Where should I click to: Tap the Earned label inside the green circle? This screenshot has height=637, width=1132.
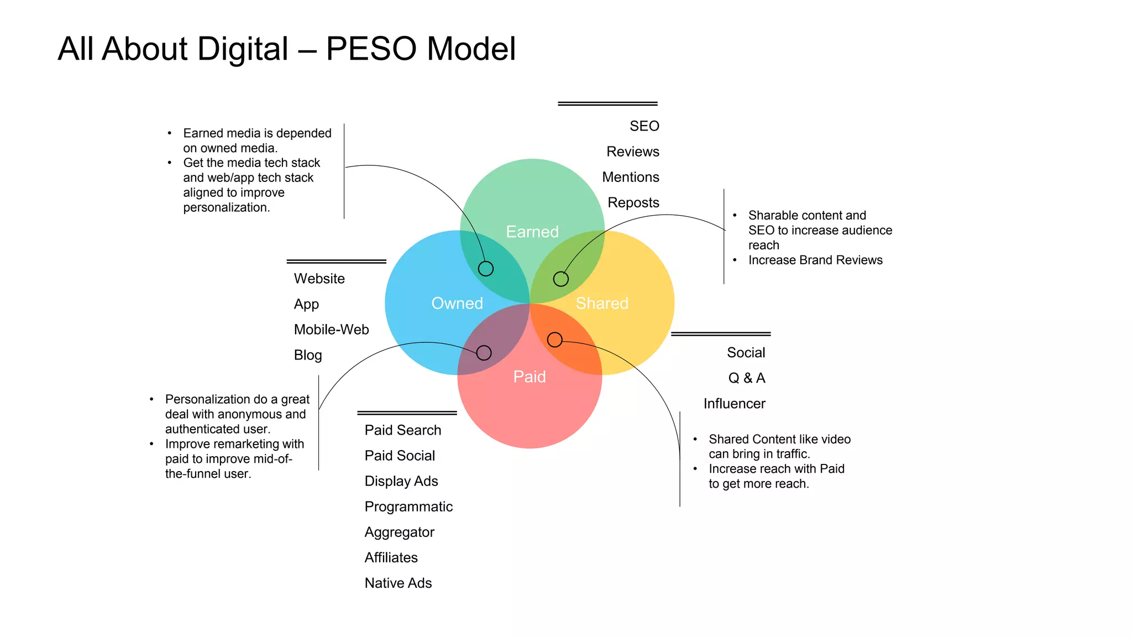point(532,232)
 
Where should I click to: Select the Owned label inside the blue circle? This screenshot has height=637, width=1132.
point(457,303)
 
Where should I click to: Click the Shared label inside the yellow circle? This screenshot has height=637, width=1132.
point(602,303)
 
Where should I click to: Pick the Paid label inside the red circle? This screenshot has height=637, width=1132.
point(530,377)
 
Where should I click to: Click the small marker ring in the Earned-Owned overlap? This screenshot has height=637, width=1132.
point(486,269)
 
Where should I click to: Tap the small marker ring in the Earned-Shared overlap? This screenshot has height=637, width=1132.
point(561,279)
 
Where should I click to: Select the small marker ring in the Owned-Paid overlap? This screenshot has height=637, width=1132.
point(484,353)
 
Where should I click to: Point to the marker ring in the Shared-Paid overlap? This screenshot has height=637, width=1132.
point(555,340)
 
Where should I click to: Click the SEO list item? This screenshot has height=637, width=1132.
point(644,126)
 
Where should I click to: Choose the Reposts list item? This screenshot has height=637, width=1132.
point(633,202)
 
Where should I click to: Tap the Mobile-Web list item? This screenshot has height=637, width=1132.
point(331,330)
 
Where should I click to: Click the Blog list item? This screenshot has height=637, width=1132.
point(308,355)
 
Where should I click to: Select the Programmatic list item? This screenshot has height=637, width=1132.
point(408,507)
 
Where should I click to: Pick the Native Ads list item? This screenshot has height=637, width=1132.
point(398,583)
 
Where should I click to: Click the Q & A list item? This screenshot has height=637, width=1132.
point(747,378)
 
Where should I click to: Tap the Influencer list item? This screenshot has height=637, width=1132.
point(734,404)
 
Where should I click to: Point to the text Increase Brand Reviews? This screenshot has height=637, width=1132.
point(815,260)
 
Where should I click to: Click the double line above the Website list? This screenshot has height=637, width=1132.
point(336,261)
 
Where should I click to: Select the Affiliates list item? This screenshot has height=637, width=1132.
point(391,557)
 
